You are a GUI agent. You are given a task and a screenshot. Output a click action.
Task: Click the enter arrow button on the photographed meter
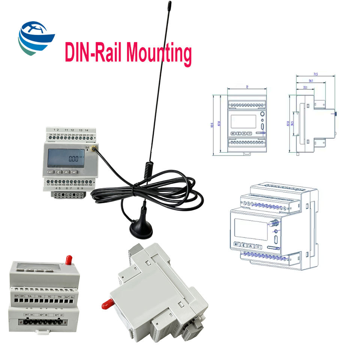point(74,172)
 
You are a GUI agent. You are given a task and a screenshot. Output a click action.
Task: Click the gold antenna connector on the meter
point(92,149)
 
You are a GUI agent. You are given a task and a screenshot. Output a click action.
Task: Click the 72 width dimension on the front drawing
point(247,87)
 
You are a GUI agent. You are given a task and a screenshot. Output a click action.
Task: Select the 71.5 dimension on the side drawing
point(315,75)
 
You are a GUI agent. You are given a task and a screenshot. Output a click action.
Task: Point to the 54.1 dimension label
point(311,81)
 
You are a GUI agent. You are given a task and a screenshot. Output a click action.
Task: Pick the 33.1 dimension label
point(305,87)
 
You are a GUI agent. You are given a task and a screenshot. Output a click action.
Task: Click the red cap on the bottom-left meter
point(68,259)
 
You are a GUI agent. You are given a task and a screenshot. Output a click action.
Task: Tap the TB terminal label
point(40,297)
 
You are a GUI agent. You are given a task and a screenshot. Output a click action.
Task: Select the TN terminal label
point(59,297)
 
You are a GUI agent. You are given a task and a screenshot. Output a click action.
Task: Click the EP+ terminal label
point(16,297)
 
